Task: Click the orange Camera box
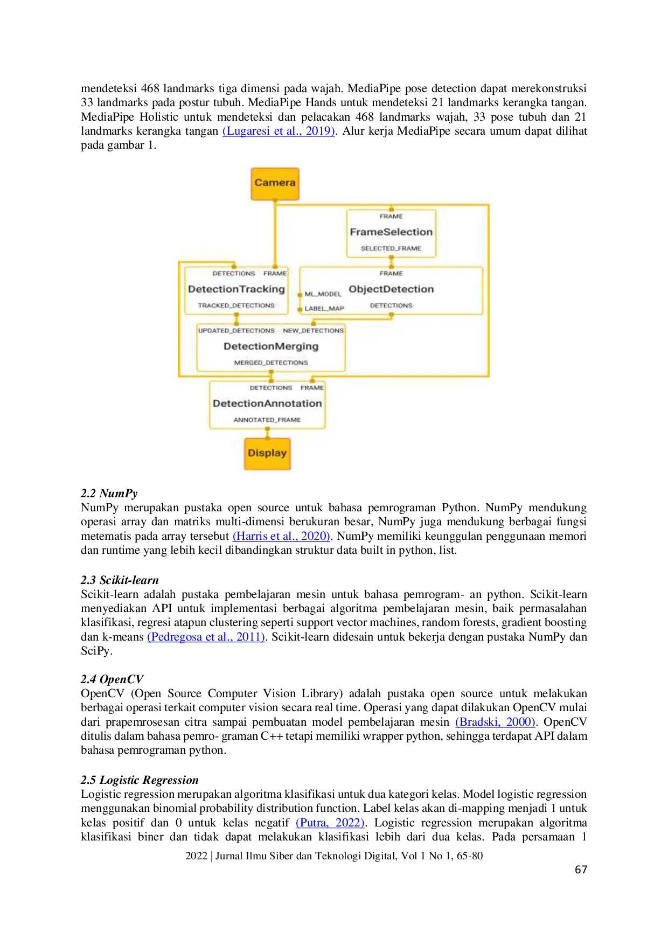275,183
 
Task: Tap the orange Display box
267,453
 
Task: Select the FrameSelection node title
391,232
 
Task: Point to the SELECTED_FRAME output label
391,248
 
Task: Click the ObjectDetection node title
391,289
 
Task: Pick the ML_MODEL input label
323,294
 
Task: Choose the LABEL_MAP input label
324,309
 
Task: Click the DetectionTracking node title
236,289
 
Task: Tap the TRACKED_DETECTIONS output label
236,305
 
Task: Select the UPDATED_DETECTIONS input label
236,331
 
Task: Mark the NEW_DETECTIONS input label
313,331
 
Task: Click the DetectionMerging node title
271,346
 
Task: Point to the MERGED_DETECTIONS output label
271,363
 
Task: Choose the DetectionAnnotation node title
267,404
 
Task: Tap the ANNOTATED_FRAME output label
267,420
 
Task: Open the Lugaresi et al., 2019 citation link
279,131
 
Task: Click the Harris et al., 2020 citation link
281,536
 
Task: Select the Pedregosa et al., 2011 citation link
207,637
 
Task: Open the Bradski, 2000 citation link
496,722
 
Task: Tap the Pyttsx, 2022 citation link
331,823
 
